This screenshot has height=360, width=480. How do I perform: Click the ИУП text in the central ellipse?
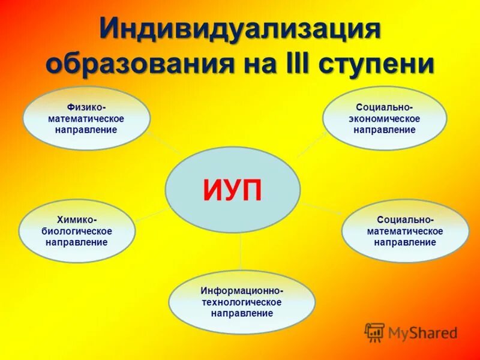[232, 190]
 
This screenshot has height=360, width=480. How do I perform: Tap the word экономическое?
[385, 118]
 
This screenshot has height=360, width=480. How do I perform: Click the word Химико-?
[76, 220]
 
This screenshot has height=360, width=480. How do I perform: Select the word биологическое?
[76, 231]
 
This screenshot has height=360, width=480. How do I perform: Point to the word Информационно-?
[242, 291]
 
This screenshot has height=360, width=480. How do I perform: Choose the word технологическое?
[242, 302]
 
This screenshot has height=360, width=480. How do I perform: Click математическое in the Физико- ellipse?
[86, 119]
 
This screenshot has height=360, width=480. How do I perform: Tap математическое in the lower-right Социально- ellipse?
[405, 231]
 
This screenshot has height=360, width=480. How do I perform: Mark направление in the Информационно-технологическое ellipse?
[242, 313]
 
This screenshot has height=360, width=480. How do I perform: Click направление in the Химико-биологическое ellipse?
[76, 242]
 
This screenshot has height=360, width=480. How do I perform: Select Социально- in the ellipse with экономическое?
[385, 107]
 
